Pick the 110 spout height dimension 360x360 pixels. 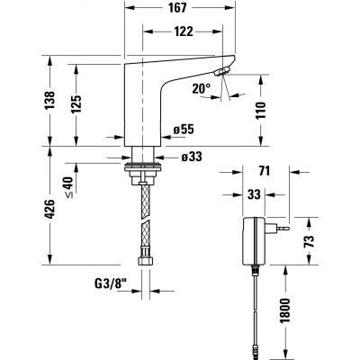point(262,111)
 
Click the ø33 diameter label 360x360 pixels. point(190,157)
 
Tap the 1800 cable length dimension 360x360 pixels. point(309,310)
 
